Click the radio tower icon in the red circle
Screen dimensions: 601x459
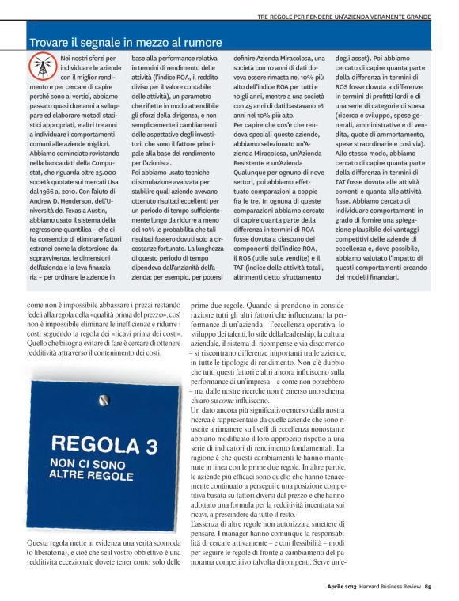click(42, 66)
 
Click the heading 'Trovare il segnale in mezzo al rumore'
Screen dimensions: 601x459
click(125, 42)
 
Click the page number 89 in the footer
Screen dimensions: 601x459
click(427, 587)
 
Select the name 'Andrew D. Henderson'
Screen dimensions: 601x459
click(64, 162)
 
